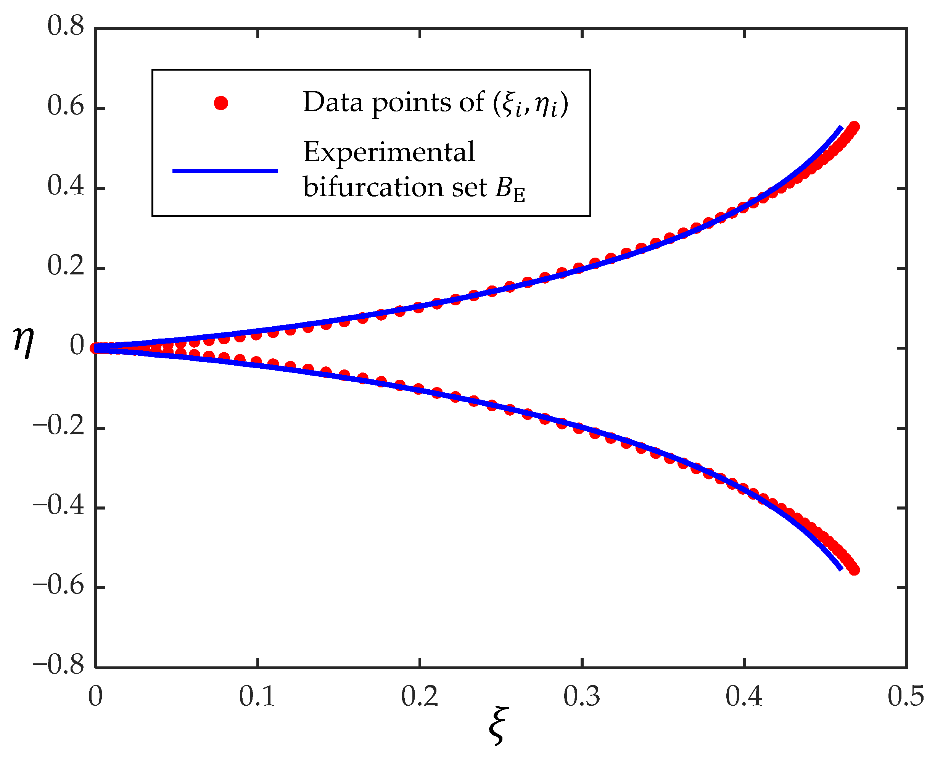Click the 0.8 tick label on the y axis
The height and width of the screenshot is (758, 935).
[x=66, y=26]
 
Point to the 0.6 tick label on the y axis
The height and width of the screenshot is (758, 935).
[x=66, y=106]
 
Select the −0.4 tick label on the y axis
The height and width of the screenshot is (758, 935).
[x=58, y=506]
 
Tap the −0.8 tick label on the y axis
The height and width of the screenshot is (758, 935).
[x=58, y=666]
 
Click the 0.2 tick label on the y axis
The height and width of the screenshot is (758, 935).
[x=66, y=266]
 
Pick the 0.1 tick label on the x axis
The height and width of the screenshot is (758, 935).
[x=257, y=697]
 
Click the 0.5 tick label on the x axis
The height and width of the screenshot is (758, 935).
[x=905, y=697]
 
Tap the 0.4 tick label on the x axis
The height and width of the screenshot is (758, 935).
[x=743, y=697]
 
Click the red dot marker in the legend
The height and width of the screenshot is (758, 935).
[x=221, y=103]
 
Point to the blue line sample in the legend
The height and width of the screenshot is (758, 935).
[x=225, y=171]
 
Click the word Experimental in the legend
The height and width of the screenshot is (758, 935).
[x=389, y=153]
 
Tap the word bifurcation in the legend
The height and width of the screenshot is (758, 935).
[x=373, y=188]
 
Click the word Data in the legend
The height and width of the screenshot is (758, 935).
[x=333, y=103]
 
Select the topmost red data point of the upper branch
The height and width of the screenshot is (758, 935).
[x=854, y=127]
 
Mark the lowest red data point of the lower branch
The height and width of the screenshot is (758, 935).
[x=854, y=569]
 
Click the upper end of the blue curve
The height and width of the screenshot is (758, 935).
[x=841, y=127]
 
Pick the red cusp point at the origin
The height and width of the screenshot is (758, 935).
[x=95, y=348]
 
